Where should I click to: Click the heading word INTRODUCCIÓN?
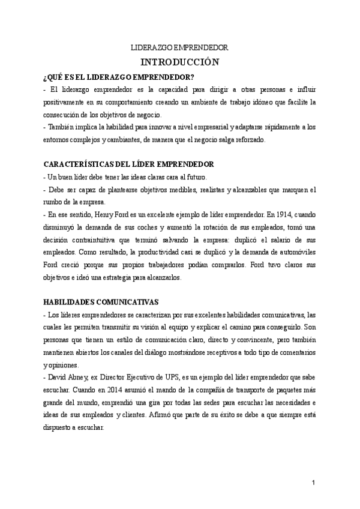point(179,62)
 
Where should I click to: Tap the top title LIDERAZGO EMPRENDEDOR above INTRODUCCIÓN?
point(179,47)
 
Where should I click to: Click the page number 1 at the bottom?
point(313,483)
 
